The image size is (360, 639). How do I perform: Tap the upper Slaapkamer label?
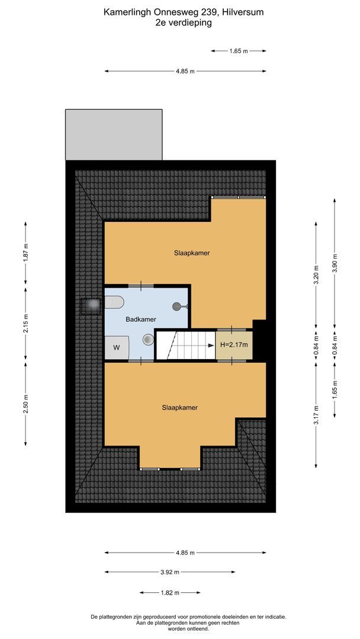pos(192,253)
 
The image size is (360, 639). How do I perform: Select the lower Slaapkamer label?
pos(180,408)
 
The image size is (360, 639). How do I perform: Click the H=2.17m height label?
pos(234,345)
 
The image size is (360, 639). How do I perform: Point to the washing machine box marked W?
pos(117,347)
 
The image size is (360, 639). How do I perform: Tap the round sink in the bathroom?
pos(148,340)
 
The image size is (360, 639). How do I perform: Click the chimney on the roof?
pos(91,305)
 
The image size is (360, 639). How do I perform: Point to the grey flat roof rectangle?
pos(114,134)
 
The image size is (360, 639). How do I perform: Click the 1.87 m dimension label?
pos(25,255)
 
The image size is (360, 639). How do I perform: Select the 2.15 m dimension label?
pos(25,324)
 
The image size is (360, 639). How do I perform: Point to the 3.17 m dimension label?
pos(316,414)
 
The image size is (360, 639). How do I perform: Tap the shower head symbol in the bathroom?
pos(178,306)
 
